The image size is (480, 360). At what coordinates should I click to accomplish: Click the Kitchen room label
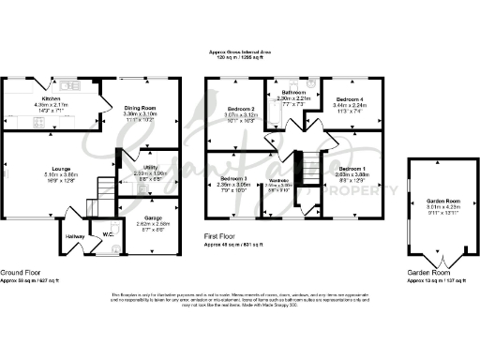click(x=51, y=97)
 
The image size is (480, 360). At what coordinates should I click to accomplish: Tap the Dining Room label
click(x=143, y=109)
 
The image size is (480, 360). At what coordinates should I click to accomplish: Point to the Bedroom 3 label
click(x=233, y=178)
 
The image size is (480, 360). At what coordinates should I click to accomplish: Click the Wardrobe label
click(x=278, y=180)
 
